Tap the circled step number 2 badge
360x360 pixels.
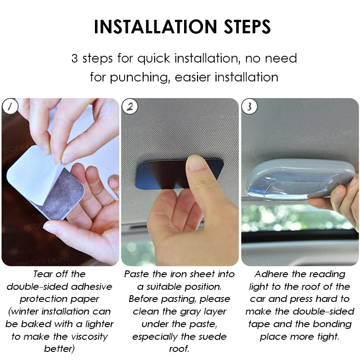pyautogui.click(x=130, y=107)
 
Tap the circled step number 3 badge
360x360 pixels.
pyautogui.click(x=249, y=107)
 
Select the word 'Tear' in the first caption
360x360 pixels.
pyautogui.click(x=43, y=274)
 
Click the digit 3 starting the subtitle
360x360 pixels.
pyautogui.click(x=75, y=58)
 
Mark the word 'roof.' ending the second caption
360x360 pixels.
pyautogui.click(x=179, y=349)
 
